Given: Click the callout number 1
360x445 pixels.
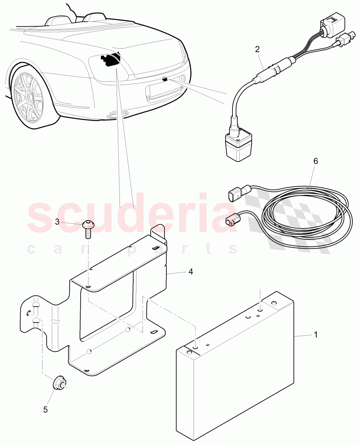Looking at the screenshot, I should (x=316, y=335).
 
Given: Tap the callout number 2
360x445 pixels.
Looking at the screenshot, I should (x=257, y=49).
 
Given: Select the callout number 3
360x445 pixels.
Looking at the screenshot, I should (x=57, y=221).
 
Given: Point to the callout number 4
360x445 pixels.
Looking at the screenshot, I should (x=190, y=271).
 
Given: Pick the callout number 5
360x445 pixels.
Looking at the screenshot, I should (x=45, y=409).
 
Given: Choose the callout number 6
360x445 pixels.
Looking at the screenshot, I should (x=315, y=161).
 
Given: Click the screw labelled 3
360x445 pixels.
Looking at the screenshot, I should (x=88, y=229).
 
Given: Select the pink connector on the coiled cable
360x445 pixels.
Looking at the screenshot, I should (x=231, y=220).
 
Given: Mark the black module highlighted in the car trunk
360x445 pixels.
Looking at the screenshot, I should (x=109, y=60).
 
